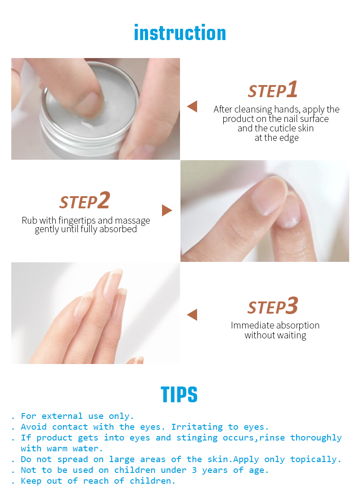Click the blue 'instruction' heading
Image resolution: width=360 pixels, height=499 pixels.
(180, 33)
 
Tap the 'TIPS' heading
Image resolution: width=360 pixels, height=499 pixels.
(179, 395)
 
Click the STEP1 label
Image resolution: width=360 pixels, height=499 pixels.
(273, 90)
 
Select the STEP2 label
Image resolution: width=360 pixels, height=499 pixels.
(85, 201)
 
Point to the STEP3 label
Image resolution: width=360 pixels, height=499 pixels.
(273, 306)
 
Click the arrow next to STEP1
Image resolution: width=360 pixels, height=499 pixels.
(192, 106)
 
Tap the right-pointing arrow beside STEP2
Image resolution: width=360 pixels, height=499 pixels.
(167, 211)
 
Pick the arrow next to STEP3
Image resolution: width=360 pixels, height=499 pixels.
(192, 315)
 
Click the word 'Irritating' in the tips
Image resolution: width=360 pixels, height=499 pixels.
(197, 427)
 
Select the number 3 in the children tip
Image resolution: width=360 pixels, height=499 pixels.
(194, 470)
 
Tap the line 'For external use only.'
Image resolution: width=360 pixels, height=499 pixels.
(77, 416)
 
